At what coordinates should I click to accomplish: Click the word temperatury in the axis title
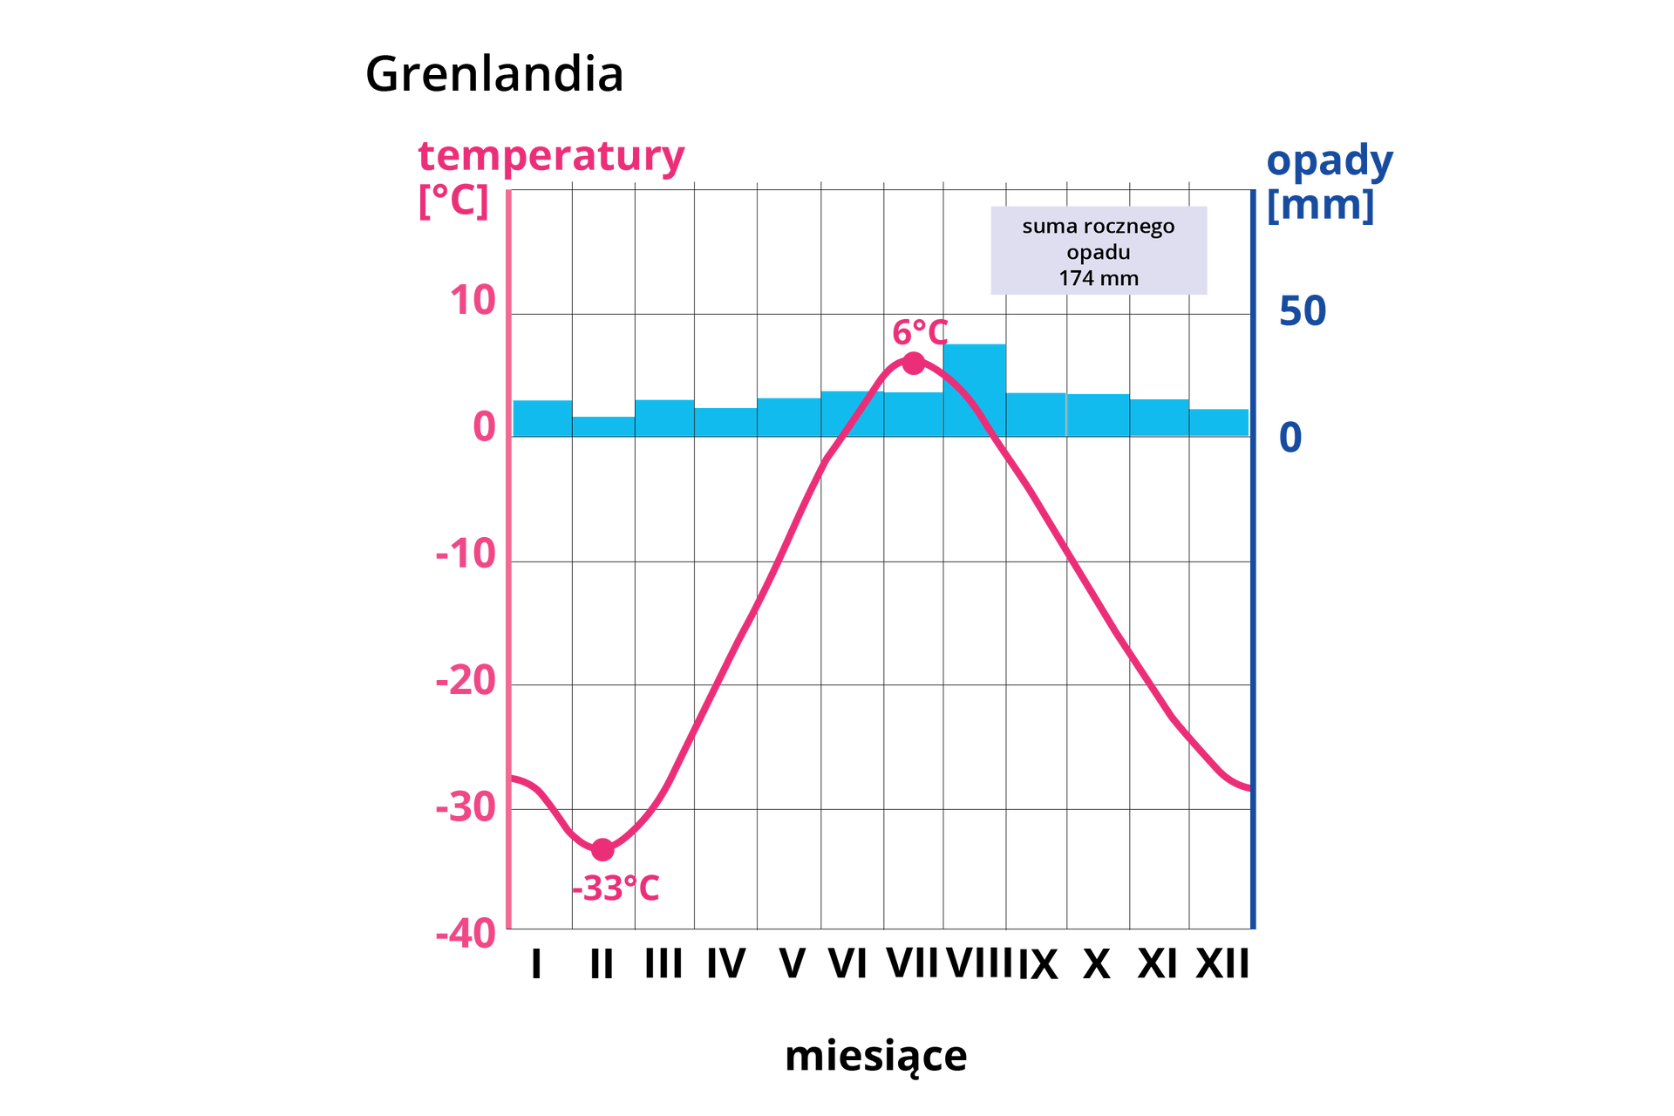(552, 158)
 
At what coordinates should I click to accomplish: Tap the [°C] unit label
(453, 201)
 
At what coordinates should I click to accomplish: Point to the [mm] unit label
(1320, 207)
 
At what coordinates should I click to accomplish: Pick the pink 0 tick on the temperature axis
(485, 427)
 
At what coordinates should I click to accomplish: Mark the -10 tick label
(466, 554)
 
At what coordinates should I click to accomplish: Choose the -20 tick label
(466, 680)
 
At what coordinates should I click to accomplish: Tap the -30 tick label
(466, 807)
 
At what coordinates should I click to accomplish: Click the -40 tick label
(466, 935)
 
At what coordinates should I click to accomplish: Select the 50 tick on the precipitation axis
(1303, 310)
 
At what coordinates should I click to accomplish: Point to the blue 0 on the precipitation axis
(1290, 438)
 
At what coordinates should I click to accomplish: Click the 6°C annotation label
(919, 332)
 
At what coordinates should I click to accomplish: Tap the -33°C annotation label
(616, 888)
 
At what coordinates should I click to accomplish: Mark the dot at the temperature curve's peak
(913, 363)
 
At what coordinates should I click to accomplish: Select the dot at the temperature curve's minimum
(602, 849)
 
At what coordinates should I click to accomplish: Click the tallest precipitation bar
(974, 389)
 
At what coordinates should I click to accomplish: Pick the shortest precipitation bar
(603, 425)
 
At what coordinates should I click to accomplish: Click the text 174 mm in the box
(1099, 278)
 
